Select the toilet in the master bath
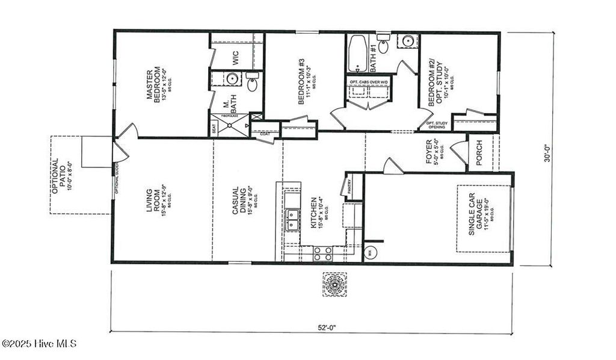coord(252,82)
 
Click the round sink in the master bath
coord(232,79)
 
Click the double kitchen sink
coord(293,220)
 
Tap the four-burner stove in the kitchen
coord(323,253)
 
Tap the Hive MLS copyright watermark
coord(39,344)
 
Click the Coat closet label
coord(265,134)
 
